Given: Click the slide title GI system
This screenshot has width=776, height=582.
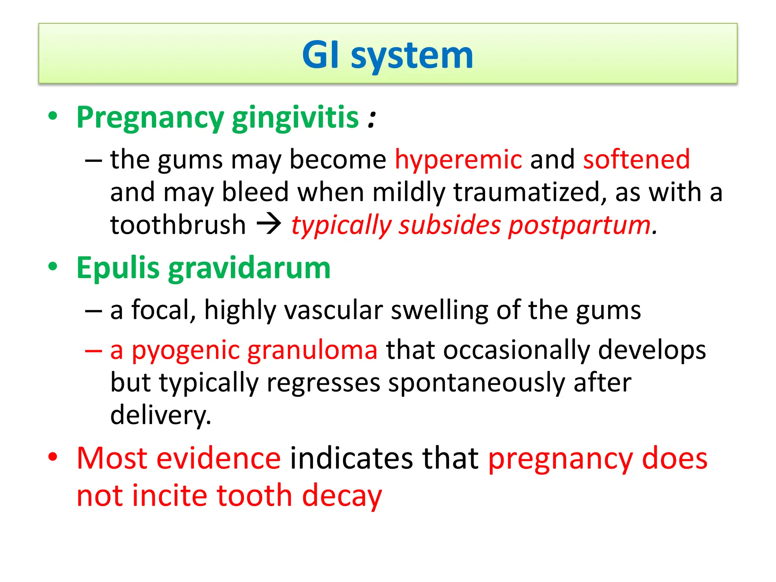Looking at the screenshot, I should pos(387,55).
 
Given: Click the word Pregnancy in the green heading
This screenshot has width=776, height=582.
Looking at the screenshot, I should pos(150,118).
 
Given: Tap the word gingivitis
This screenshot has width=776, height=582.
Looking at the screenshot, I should pos(295,118).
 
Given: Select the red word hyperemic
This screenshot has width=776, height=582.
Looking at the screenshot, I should pos(458,160).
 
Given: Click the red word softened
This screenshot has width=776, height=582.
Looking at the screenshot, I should pos(636,159).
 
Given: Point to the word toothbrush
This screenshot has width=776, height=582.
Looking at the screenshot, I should pos(178,225).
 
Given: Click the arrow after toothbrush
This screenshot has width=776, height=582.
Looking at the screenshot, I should pos(269,224).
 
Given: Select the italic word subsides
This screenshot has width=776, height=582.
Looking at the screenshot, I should pos(449,225).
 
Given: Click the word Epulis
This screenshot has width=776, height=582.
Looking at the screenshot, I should pos(118,268).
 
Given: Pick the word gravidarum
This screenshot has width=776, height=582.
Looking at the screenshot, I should pos(249,268).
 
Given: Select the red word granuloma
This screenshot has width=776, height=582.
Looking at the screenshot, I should pos(312,350).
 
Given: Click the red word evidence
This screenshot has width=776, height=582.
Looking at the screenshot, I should pos(219,458).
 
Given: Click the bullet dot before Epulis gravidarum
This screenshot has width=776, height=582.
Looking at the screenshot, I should pos(53,266).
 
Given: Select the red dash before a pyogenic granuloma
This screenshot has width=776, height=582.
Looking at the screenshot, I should pos(94,350).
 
